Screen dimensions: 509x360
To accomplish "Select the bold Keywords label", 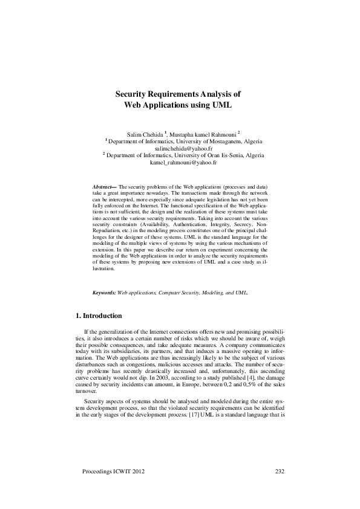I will (103, 292).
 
